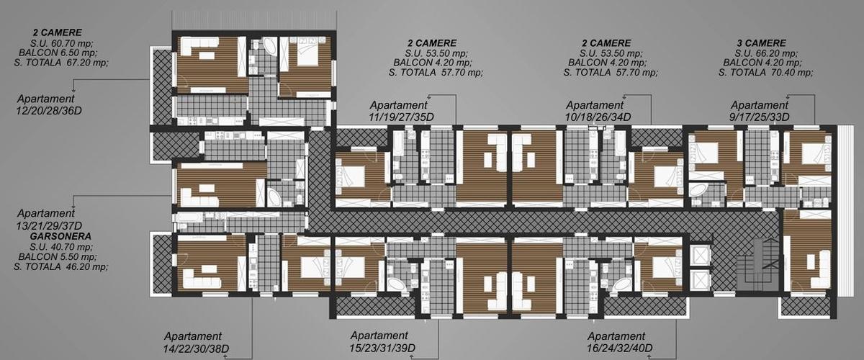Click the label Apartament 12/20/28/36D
coord(49,104)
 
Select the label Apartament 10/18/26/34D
coord(598,111)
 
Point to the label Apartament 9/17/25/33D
coord(759,111)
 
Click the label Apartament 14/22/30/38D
coord(196,342)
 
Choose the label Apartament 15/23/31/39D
coord(382,341)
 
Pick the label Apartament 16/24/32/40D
coord(619,342)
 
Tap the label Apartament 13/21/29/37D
coord(49,219)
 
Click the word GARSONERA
coord(60,236)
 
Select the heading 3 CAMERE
coord(762,42)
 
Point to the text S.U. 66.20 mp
coord(766,53)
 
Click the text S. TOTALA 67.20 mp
coord(61,62)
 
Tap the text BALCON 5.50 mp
coord(58,256)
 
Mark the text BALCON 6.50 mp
coord(58,52)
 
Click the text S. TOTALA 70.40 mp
coord(766,72)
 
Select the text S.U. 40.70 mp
coord(61,246)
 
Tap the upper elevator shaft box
coord(699,255)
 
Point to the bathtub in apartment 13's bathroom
coord(274,197)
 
